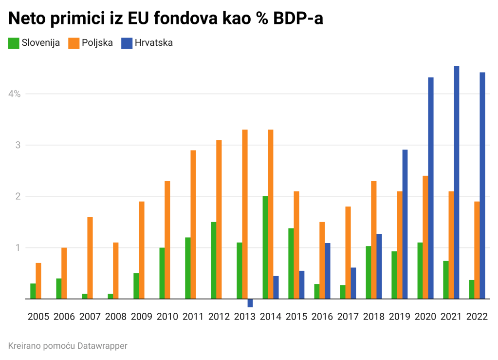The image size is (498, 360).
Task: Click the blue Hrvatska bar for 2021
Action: [457, 182]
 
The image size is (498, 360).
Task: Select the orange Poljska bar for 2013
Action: [245, 214]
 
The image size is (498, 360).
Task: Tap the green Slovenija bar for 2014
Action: [265, 247]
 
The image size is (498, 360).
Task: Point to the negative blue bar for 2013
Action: [250, 303]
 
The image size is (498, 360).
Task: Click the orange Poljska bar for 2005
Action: [38, 281]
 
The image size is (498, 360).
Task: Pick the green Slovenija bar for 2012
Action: [214, 261]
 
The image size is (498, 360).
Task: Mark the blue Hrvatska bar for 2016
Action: [328, 271]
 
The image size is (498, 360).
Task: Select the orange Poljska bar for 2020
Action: [425, 237]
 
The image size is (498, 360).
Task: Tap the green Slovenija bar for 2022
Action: [472, 289]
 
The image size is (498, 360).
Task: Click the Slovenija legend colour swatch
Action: [14, 43]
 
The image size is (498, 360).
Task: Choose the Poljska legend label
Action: [97, 43]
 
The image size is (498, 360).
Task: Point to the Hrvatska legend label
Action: [154, 43]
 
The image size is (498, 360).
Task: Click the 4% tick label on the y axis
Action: [14, 94]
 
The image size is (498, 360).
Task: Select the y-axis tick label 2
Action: [18, 196]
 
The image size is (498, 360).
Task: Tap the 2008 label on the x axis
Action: [116, 317]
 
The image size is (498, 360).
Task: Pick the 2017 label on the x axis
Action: [348, 317]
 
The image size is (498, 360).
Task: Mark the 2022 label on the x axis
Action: [477, 317]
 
